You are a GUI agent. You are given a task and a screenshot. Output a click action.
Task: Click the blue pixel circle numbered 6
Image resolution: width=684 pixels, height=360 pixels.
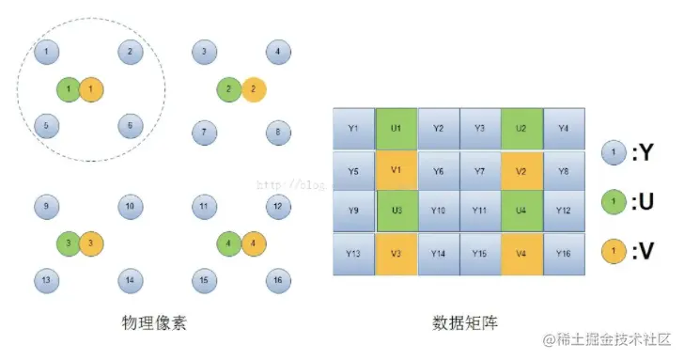pyautogui.click(x=131, y=125)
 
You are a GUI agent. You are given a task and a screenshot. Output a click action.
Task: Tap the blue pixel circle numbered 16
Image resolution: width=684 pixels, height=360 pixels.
pyautogui.click(x=276, y=280)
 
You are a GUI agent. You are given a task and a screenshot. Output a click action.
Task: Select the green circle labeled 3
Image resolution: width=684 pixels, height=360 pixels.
pyautogui.click(x=68, y=242)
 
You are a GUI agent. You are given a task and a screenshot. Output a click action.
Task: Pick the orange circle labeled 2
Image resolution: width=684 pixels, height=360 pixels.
pyautogui.click(x=254, y=90)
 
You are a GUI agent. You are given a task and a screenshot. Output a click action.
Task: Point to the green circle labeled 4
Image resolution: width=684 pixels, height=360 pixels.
pyautogui.click(x=228, y=242)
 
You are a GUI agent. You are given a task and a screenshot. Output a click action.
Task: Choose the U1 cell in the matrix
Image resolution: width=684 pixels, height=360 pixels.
pyautogui.click(x=396, y=129)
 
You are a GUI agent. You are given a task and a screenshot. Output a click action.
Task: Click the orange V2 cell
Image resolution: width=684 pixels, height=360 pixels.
pyautogui.click(x=521, y=171)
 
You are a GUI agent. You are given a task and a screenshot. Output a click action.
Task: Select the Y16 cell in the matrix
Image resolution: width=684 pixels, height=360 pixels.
pyautogui.click(x=563, y=254)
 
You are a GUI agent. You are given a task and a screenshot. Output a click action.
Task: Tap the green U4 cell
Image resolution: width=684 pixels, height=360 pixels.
pyautogui.click(x=521, y=211)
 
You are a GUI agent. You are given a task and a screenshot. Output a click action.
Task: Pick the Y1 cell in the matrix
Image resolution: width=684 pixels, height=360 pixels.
pyautogui.click(x=353, y=129)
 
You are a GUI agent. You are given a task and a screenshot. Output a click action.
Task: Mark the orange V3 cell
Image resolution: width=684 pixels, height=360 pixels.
pyautogui.click(x=396, y=254)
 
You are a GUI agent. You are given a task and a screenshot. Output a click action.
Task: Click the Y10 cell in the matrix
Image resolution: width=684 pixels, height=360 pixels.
pyautogui.click(x=438, y=211)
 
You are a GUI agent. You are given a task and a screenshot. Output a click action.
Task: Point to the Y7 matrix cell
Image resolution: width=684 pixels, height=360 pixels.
pyautogui.click(x=479, y=171)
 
